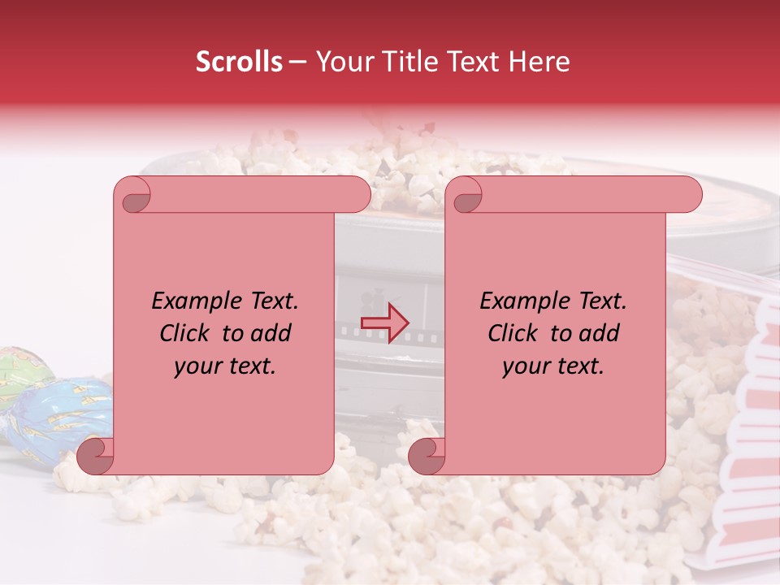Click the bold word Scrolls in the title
pyautogui.click(x=240, y=62)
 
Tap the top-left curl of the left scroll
pyautogui.click(x=136, y=196)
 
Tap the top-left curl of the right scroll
pyautogui.click(x=466, y=196)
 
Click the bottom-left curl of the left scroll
pyautogui.click(x=95, y=457)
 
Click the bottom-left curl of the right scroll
pyautogui.click(x=426, y=457)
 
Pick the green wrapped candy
pyautogui.click(x=18, y=375)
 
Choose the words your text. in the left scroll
pyautogui.click(x=225, y=366)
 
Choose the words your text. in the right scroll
pyautogui.click(x=553, y=366)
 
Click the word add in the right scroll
pyautogui.click(x=600, y=333)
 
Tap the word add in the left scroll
pyautogui.click(x=271, y=333)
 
